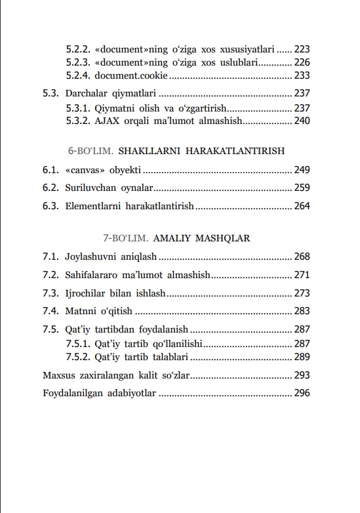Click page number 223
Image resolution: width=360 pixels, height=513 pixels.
point(302,49)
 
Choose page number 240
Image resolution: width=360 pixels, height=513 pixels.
point(302,121)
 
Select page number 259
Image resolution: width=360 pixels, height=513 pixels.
point(302,188)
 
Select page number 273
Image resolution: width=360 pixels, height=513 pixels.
point(302,293)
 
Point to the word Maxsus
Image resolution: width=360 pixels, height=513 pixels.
point(59,376)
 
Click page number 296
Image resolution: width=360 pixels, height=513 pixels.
point(302,394)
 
